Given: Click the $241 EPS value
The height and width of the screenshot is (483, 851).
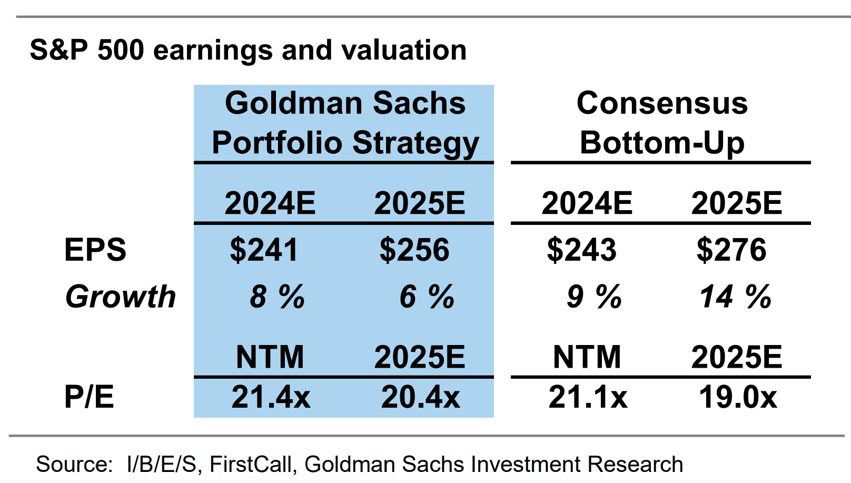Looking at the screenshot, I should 264,250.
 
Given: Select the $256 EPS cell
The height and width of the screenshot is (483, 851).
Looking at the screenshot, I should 414,250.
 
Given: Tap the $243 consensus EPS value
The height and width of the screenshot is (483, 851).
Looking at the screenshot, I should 581,250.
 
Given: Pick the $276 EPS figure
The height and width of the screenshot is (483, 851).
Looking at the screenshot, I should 731,250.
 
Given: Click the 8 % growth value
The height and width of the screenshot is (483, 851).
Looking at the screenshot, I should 277,297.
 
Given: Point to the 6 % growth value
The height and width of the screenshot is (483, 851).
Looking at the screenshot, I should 427,297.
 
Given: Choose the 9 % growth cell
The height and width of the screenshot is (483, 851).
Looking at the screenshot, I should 594,297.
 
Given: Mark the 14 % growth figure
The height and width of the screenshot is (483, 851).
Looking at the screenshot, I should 735,297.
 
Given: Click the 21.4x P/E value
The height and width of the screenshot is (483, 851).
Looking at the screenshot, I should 271,397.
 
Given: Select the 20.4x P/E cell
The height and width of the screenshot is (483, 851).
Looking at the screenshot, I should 420,397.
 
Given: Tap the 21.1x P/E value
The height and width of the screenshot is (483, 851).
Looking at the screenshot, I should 588,397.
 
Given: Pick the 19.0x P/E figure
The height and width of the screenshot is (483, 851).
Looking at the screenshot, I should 738,397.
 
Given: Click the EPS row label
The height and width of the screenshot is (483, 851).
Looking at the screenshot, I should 95,250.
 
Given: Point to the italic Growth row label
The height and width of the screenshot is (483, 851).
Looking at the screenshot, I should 121,297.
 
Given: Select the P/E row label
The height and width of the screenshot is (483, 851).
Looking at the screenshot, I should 89,397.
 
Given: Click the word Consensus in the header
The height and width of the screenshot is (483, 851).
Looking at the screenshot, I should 662,103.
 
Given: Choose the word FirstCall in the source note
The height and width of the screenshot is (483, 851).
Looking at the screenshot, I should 250,465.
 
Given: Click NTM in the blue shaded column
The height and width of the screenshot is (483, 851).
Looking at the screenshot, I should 270,357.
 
